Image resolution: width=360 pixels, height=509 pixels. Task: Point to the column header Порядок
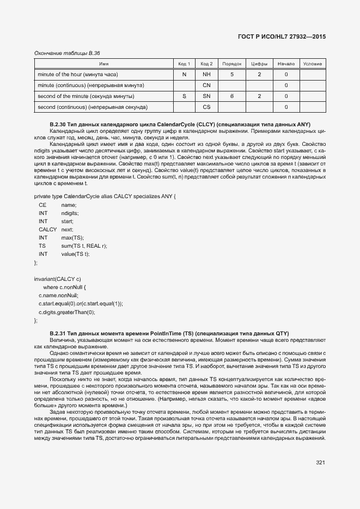[x=232, y=64]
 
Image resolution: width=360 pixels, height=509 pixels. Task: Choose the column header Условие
[x=312, y=64]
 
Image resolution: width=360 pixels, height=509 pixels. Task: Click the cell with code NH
[x=206, y=74]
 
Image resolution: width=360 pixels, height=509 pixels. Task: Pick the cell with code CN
[x=206, y=85]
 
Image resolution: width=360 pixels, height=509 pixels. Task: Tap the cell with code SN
[x=206, y=96]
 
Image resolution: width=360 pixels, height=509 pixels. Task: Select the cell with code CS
[x=206, y=107]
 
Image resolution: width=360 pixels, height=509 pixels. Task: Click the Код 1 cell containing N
[x=184, y=74]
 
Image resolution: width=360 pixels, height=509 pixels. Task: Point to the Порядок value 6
[x=232, y=96]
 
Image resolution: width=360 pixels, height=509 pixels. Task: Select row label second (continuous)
[x=91, y=107]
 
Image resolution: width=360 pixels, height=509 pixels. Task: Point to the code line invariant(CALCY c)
[x=57, y=279]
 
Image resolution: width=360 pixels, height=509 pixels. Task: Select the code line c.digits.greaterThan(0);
[x=66, y=312]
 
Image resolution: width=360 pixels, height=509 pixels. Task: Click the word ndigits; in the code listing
[x=70, y=213]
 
